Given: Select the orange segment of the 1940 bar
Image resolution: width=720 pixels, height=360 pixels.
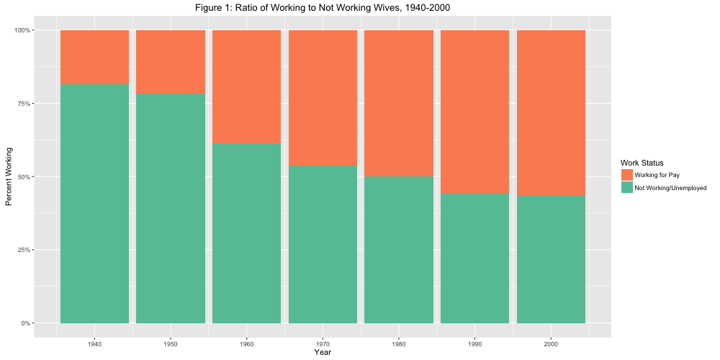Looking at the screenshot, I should [x=94, y=57].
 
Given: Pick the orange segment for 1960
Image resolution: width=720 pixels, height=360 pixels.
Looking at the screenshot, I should [x=246, y=86].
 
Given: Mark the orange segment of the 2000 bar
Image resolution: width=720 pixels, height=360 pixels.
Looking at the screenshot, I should [x=551, y=112].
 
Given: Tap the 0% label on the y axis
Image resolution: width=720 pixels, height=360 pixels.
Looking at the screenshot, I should [x=47, y=323].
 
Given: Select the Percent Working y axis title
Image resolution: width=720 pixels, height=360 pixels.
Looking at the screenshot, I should [x=9, y=176].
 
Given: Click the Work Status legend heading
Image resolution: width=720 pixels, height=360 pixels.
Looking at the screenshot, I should [x=642, y=163].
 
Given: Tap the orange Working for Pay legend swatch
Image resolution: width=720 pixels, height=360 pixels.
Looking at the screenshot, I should [x=626, y=175].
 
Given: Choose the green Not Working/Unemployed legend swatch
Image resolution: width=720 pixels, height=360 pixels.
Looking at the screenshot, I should [x=626, y=187].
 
